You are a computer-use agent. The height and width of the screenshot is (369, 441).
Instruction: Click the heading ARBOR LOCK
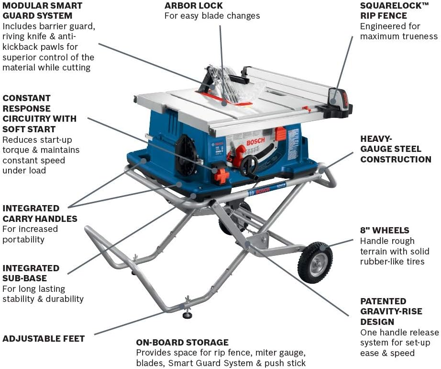tap(193, 6)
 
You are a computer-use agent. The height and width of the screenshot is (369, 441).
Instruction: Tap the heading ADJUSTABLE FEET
tap(44, 338)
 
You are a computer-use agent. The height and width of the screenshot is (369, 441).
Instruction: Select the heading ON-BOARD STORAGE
tap(182, 343)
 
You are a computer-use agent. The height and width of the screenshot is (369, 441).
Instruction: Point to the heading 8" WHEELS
tap(385, 231)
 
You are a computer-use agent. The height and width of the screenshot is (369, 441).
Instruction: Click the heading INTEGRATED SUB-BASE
tap(31, 273)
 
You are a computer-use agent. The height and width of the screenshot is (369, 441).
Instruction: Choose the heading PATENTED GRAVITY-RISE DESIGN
tap(391, 311)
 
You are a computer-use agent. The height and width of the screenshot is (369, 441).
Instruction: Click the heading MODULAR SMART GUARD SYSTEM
tap(42, 11)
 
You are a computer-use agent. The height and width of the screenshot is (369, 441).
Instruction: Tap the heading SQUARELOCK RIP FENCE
tap(395, 11)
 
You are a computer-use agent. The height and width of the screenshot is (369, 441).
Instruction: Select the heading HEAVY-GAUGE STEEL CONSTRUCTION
tap(396, 149)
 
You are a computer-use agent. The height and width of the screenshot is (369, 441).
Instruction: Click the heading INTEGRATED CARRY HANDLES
tap(40, 213)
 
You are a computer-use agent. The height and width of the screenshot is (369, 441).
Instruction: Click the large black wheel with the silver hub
tap(315, 263)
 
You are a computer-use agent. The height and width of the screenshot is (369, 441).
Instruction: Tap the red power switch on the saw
tap(221, 176)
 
